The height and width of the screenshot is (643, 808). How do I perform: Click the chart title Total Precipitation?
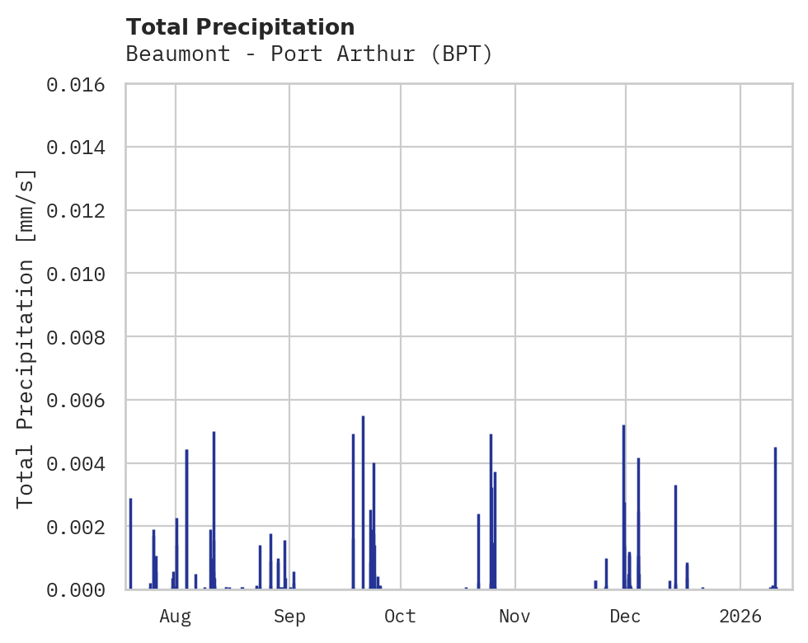240,27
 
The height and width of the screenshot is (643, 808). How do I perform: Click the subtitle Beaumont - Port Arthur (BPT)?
309,54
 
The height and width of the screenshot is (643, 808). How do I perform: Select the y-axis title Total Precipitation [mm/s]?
26,338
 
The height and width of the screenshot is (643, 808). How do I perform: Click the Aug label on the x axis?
175,616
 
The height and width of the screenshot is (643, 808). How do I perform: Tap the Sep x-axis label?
289,616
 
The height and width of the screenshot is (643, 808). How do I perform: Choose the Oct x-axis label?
400,616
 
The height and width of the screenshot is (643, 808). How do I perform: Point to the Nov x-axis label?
514,616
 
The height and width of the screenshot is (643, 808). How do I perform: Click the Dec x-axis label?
626,616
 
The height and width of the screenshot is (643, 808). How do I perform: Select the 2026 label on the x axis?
740,616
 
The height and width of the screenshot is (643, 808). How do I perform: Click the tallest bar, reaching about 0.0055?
363,503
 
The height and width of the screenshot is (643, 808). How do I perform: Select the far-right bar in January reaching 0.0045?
775,519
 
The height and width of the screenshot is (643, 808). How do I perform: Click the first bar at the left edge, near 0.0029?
130,544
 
